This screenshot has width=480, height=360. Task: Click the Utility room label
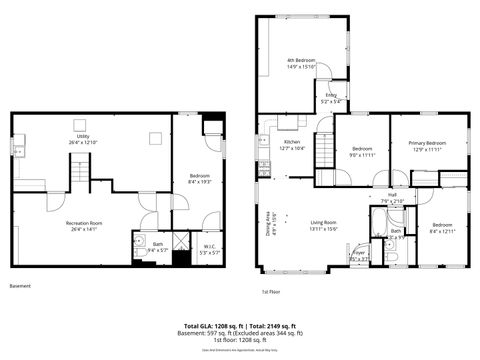[83, 139]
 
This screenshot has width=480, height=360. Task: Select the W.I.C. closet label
[209, 250]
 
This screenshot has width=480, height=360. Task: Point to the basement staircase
[80, 178]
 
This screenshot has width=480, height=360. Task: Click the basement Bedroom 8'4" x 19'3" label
[200, 178]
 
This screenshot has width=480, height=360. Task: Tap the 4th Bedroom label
[301, 63]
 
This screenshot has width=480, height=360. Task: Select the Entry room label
[330, 98]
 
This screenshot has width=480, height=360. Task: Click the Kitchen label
[292, 145]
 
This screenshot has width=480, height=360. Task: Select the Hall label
[392, 197]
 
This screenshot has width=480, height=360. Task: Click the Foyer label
[358, 256]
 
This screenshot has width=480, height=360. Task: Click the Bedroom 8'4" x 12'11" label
[442, 227]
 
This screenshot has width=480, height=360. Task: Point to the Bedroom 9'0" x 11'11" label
[360, 152]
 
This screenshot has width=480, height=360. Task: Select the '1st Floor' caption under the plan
[271, 292]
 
